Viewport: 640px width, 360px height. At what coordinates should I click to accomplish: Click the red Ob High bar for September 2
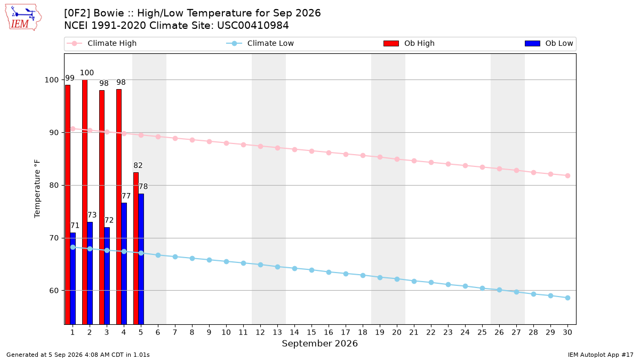pos(85,202)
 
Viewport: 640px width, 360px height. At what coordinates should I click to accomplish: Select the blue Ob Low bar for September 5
pos(141,259)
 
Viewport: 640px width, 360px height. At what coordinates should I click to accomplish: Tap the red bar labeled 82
pos(136,249)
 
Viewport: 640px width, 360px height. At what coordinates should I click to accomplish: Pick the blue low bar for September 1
pos(73,278)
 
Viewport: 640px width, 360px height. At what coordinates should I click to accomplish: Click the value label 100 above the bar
pos(87,73)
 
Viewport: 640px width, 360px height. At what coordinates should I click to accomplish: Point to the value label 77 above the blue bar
pos(126,196)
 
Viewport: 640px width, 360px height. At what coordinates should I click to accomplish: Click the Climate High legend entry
pos(102,43)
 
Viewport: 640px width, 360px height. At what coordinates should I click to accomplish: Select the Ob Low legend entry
pos(549,43)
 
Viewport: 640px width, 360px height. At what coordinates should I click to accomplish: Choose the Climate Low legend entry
pos(260,43)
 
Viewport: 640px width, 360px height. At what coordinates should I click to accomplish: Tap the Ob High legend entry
pos(409,43)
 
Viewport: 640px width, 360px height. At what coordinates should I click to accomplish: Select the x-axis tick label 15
pos(311,332)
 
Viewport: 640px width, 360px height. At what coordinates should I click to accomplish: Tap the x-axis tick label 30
pos(567,332)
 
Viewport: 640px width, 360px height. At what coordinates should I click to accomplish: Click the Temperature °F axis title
pos(37,189)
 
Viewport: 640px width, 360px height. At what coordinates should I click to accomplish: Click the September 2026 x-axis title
pos(319,343)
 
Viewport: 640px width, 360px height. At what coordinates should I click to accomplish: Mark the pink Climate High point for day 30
pos(567,175)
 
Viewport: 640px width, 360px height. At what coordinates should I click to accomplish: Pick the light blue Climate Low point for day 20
pos(397,279)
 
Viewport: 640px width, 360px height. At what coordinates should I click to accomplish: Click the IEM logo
pos(23,17)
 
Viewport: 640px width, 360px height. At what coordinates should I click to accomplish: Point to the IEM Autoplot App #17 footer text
pos(601,355)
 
